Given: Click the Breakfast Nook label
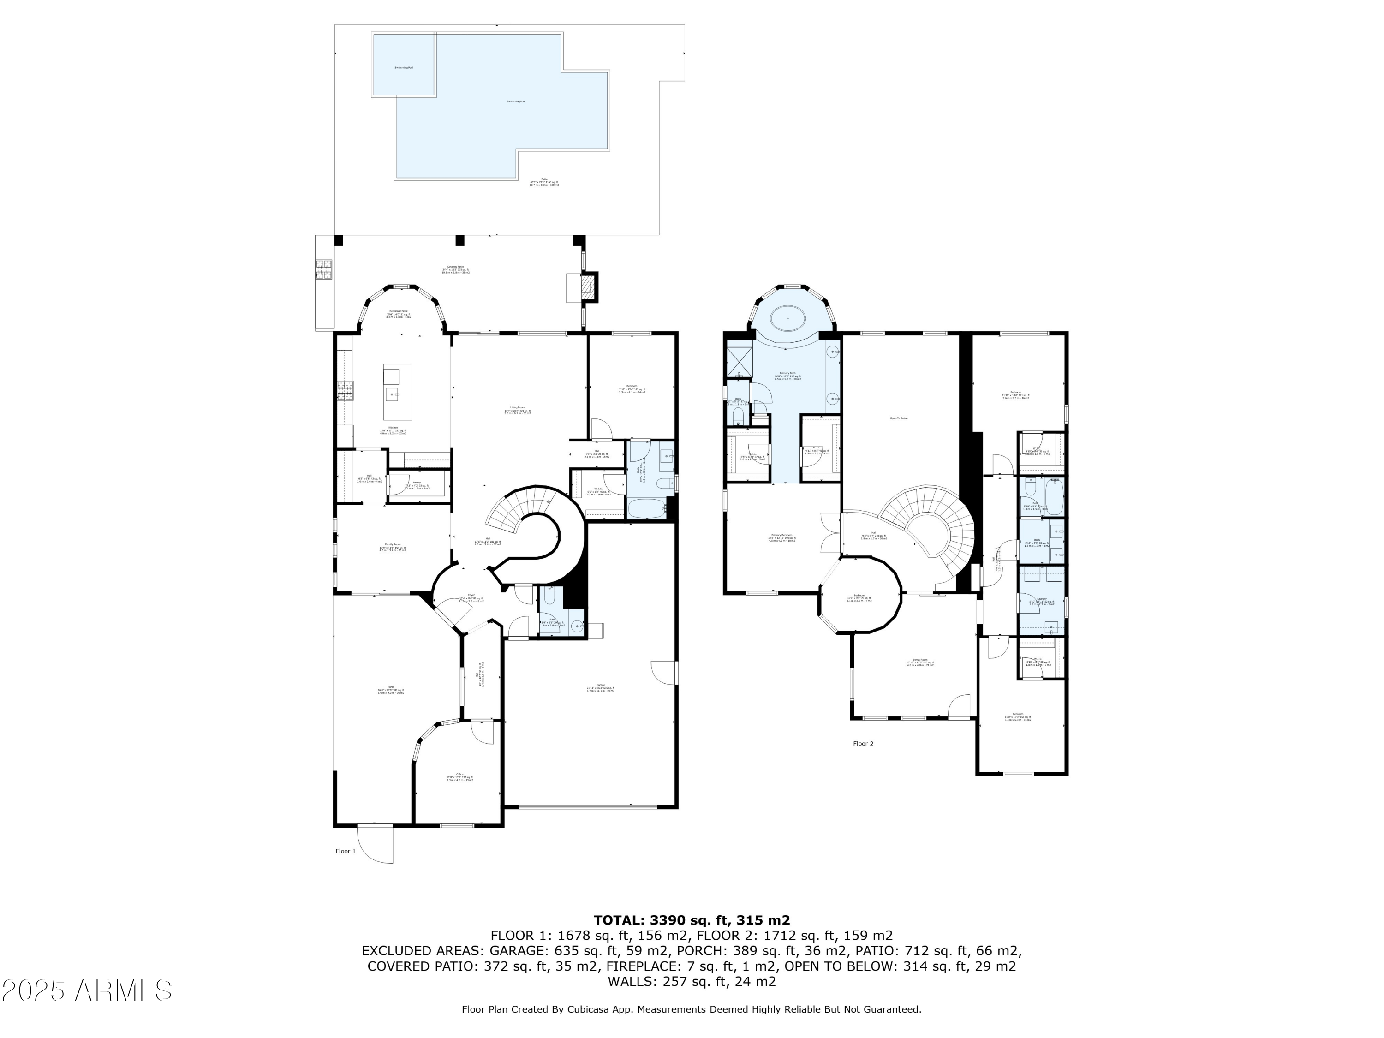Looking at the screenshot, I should click(398, 311).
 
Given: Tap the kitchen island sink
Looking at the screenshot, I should click(392, 394).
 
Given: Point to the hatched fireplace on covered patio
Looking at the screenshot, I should click(588, 287).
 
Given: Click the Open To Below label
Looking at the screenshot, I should click(899, 418).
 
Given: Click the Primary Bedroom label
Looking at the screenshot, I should click(781, 536).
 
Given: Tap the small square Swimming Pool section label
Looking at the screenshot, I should click(404, 67).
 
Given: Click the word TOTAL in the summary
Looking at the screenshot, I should click(618, 920).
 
